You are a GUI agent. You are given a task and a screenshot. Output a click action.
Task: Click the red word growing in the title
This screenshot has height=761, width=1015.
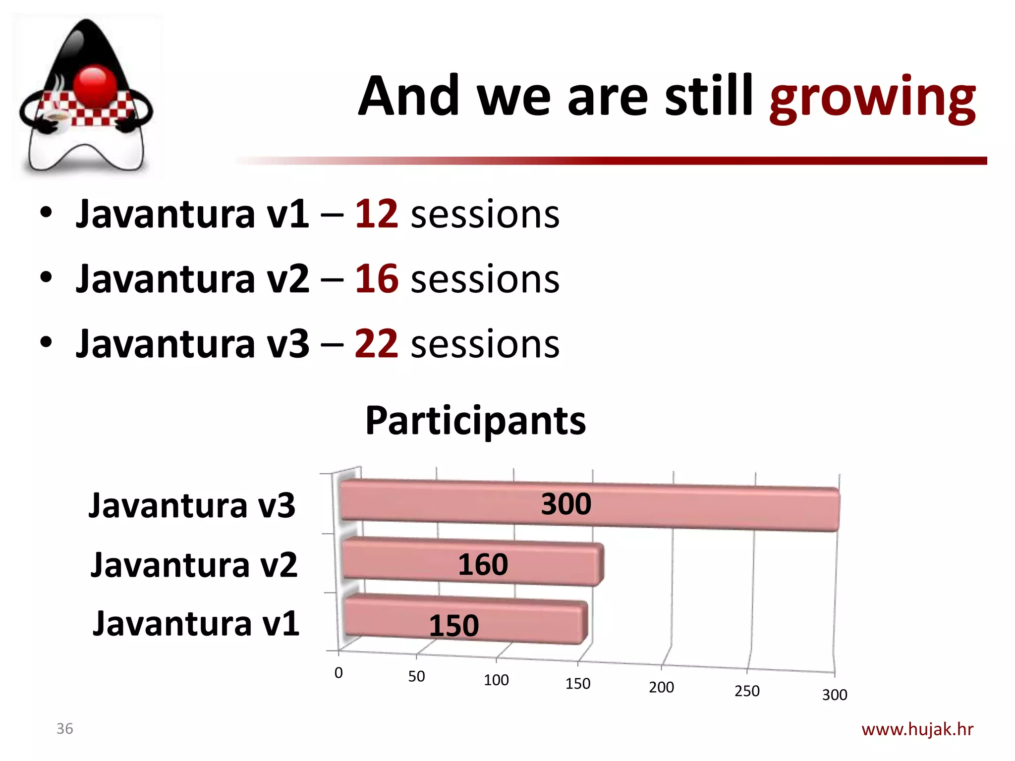tap(872, 98)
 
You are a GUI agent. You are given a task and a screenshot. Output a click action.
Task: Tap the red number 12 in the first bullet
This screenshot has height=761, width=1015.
tap(376, 214)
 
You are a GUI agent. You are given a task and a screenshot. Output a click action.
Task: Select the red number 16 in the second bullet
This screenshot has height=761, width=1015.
tap(376, 279)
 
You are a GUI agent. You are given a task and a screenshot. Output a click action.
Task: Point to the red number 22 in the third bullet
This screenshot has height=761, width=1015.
tap(376, 344)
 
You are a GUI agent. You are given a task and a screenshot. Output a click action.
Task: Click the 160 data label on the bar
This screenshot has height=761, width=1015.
tap(483, 565)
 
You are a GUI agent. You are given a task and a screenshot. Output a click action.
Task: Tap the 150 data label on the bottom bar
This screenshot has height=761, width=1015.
tap(453, 626)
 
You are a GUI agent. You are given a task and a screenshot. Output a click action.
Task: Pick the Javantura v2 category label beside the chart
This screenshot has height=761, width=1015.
tap(194, 565)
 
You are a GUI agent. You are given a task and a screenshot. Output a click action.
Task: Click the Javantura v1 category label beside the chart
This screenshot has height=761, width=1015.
tap(196, 624)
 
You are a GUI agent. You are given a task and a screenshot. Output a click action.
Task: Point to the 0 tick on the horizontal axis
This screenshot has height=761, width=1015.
tap(338, 673)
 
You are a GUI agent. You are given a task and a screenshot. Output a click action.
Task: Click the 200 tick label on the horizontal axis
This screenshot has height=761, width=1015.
tap(661, 687)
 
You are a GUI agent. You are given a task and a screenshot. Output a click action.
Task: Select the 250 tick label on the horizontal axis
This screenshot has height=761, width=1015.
tap(747, 691)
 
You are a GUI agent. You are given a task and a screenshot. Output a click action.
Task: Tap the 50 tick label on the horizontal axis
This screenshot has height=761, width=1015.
tap(416, 676)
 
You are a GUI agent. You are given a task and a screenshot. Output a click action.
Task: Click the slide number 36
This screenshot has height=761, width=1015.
tap(64, 729)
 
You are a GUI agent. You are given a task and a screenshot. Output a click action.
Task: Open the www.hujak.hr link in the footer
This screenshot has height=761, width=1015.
tap(917, 729)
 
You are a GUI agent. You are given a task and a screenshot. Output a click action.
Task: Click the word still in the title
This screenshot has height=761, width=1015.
tap(709, 97)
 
